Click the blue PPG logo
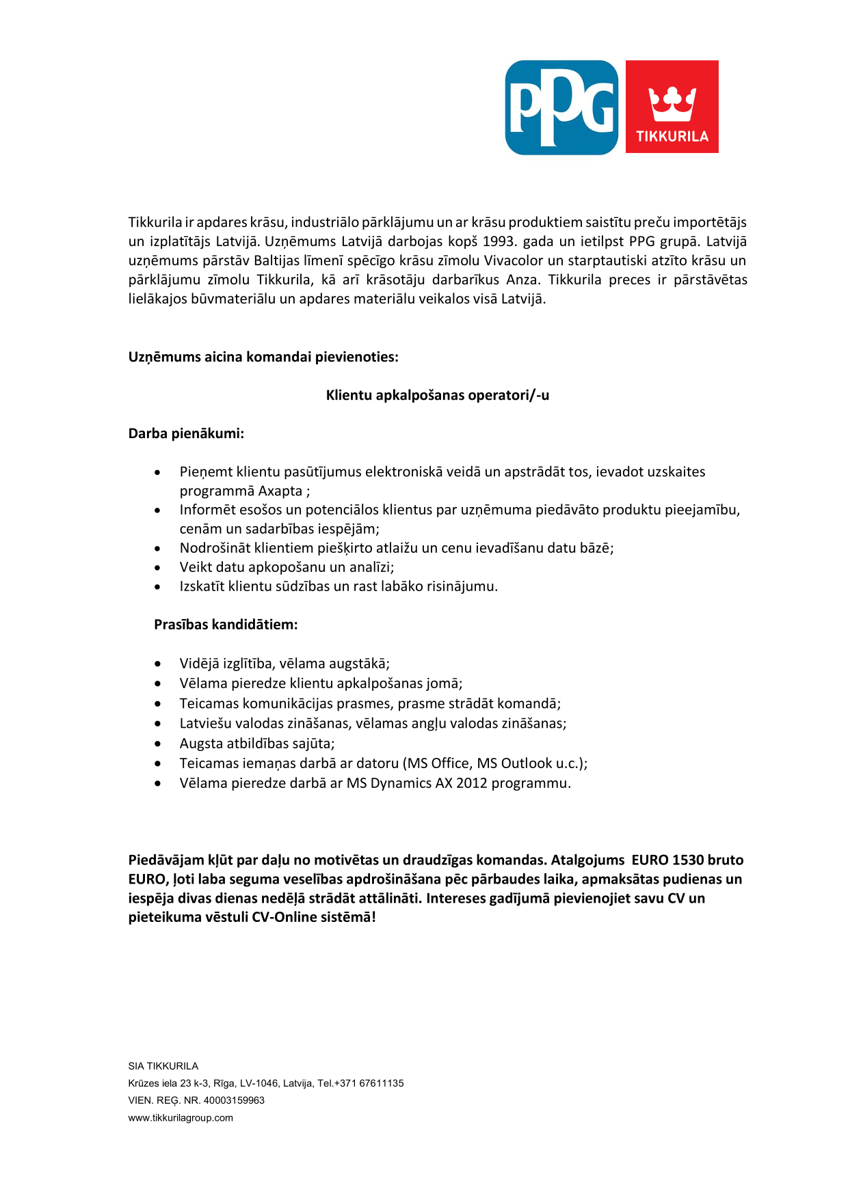tap(561, 107)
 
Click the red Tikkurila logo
tap(672, 107)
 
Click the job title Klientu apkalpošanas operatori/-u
tap(437, 395)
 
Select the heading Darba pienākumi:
tap(186, 433)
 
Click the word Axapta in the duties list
tap(280, 491)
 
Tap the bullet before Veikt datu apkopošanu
tap(158, 567)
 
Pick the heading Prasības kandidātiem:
tap(226, 625)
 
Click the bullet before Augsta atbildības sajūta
tap(158, 744)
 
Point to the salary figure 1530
tap(688, 860)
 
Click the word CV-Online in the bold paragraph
tap(284, 917)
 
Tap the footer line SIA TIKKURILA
tap(163, 1066)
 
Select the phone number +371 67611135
tap(369, 1083)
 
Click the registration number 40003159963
tap(234, 1100)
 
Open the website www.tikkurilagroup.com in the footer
tap(181, 1118)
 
